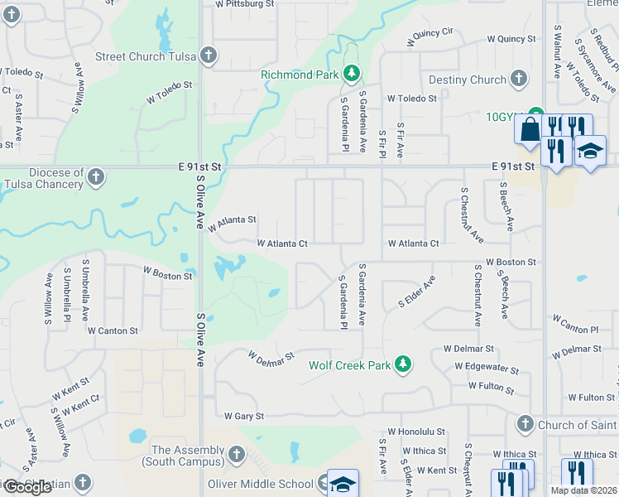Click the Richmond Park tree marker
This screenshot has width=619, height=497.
pos(352,75)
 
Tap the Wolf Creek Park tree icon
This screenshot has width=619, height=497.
pos(403,364)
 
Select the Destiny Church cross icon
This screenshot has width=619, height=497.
pos(519,80)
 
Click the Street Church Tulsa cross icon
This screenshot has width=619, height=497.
pos(209,56)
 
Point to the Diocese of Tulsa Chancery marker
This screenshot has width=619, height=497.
pos(96,177)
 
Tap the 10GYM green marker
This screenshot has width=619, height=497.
pos(536,116)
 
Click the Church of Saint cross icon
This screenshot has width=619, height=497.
pos(525,425)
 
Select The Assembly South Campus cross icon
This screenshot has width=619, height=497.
pos(237,455)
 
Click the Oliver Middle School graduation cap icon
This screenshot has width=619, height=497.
pos(342,485)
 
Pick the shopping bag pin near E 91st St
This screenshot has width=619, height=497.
pos(529,129)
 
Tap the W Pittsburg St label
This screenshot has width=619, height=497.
pos(244,4)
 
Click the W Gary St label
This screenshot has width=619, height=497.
pos(243,416)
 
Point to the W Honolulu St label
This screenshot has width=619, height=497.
pos(417,432)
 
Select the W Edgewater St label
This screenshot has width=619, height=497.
pos(487,368)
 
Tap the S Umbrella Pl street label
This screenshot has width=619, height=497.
pos(86,290)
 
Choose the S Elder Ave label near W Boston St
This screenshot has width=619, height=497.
pos(417,291)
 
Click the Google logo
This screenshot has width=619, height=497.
pos(27,487)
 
